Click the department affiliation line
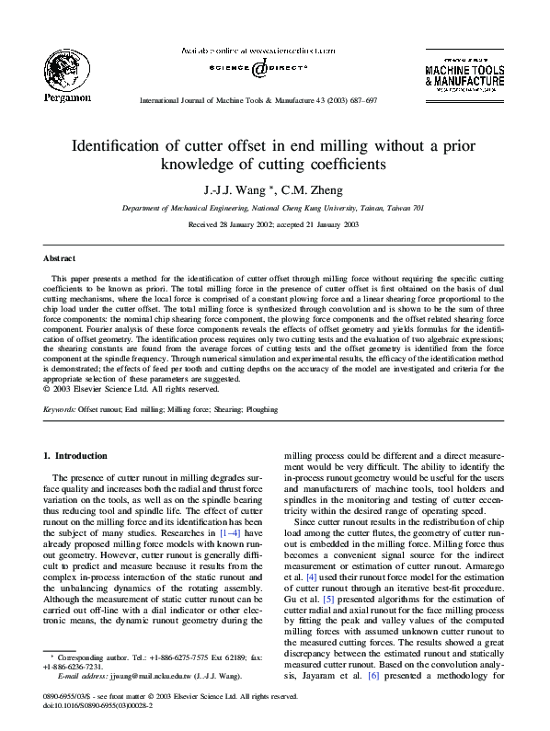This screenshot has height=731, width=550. [274, 209]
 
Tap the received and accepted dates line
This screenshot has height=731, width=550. [274, 224]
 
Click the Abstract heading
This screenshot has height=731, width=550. [60, 258]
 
